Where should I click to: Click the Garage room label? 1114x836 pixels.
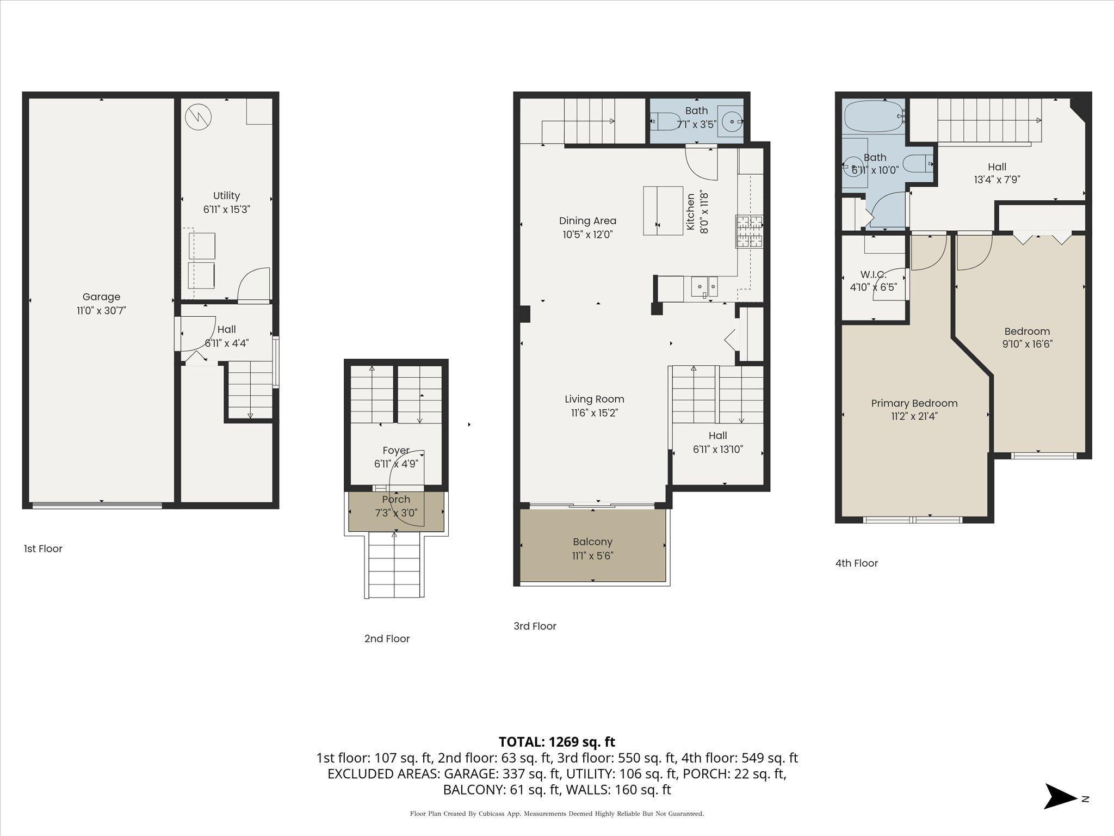(x=101, y=297)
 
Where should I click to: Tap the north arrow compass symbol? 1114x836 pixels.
(x=1061, y=798)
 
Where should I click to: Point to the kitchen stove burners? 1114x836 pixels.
(x=749, y=232)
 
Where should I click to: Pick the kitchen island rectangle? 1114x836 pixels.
(x=663, y=211)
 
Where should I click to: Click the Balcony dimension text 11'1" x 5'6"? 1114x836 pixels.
(x=592, y=556)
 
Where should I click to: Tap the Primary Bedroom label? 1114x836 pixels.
(x=914, y=403)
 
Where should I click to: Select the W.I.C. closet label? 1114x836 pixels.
(x=873, y=275)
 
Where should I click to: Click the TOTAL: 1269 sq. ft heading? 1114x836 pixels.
(x=557, y=742)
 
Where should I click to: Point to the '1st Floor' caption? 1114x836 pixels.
(x=43, y=549)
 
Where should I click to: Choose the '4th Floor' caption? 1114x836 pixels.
(x=857, y=563)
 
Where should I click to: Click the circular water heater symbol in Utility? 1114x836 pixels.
(x=198, y=116)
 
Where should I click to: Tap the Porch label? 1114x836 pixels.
(x=396, y=500)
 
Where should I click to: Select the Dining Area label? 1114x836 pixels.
(x=587, y=221)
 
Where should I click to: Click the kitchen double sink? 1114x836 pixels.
(x=704, y=287)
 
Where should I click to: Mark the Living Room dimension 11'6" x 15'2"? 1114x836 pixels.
(x=595, y=413)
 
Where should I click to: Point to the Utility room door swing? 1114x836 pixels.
(x=253, y=284)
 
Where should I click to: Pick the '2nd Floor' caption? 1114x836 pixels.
(x=387, y=639)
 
